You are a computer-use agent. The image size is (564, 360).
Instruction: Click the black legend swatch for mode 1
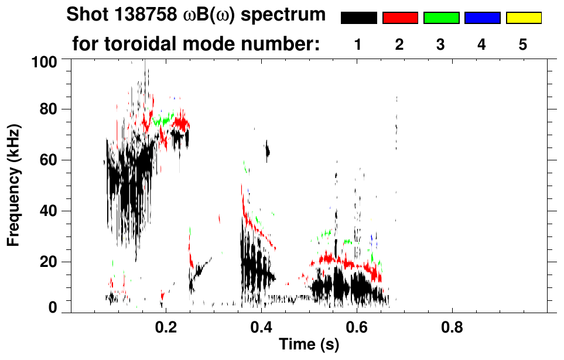click(358, 18)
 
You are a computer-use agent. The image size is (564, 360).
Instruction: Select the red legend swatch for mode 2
click(400, 18)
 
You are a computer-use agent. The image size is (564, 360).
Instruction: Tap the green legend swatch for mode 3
click(441, 18)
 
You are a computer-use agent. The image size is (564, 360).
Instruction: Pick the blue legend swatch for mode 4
click(482, 18)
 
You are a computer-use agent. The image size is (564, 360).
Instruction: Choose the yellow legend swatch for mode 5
click(524, 18)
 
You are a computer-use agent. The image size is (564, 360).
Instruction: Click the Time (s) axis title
click(308, 345)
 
